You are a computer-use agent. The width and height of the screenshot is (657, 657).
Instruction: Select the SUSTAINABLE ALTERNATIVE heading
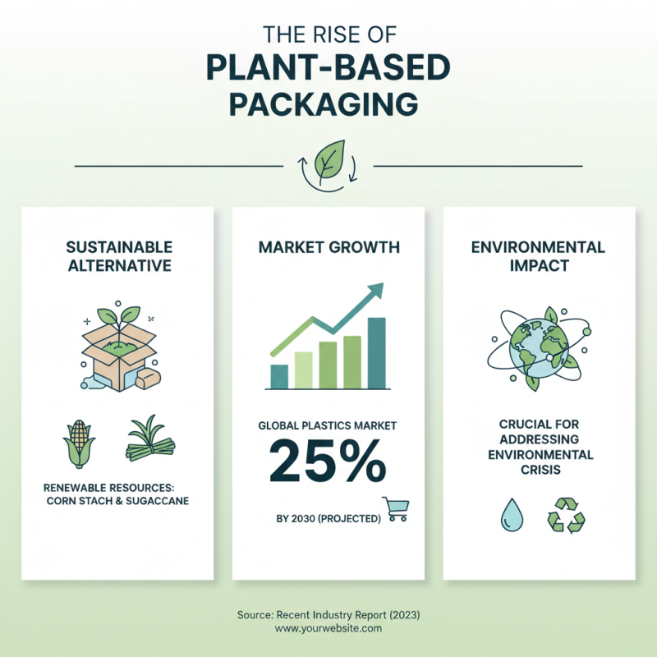click(119, 256)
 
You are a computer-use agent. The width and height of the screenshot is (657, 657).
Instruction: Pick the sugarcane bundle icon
click(152, 439)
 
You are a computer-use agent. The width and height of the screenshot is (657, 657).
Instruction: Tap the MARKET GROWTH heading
click(328, 246)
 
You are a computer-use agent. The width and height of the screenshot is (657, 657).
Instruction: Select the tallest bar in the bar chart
click(376, 352)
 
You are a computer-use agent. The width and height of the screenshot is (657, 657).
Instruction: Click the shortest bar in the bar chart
click(279, 375)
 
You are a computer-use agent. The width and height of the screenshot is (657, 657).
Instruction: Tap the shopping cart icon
click(395, 509)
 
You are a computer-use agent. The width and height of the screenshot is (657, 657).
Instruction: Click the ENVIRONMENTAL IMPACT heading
click(538, 256)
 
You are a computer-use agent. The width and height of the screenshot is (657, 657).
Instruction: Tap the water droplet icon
click(511, 516)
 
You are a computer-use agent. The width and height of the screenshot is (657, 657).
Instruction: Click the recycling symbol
click(566, 516)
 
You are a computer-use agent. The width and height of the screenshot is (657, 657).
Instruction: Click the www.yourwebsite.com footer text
click(328, 628)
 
